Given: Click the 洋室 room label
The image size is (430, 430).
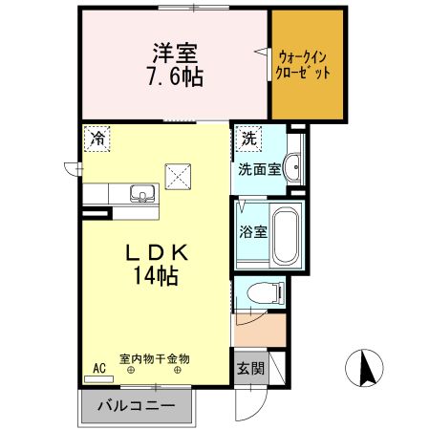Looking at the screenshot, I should click(172, 53).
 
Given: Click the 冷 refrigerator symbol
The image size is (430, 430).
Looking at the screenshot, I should click(97, 138).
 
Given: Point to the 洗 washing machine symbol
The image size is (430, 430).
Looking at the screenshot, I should click(248, 138).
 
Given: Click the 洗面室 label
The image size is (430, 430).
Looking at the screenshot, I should click(259, 170).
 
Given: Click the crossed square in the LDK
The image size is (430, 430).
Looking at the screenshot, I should click(179, 176).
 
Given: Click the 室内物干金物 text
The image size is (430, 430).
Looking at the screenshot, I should click(155, 358).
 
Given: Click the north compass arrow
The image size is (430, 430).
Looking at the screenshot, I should click(364, 367).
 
